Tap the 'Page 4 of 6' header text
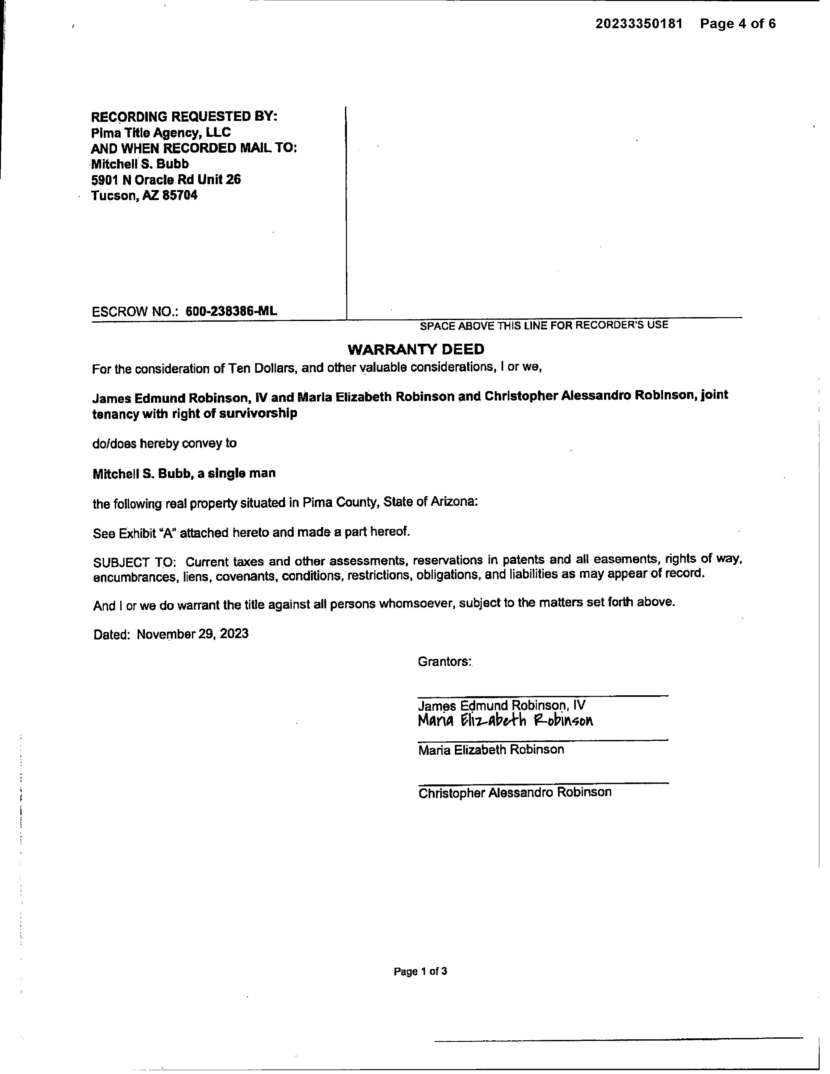[738, 24]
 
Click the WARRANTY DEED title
[416, 349]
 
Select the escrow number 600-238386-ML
[231, 311]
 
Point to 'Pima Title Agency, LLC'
[161, 132]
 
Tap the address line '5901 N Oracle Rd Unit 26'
[166, 180]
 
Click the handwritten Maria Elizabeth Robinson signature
[505, 721]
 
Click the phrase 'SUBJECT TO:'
[134, 562]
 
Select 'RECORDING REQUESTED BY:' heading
[184, 116]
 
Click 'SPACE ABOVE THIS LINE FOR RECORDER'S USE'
[544, 325]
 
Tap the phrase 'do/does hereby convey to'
[165, 443]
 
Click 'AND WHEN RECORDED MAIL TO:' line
[194, 148]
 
